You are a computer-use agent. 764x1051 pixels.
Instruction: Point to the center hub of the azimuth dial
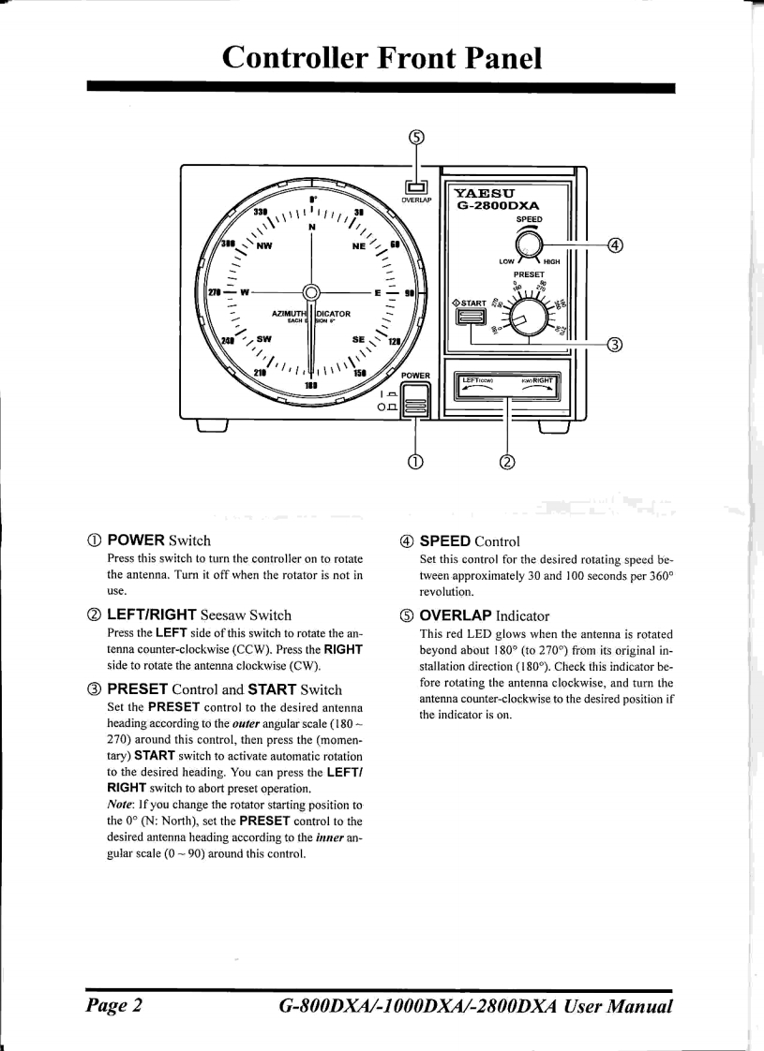(x=310, y=293)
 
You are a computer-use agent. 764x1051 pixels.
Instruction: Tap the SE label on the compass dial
(x=357, y=341)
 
